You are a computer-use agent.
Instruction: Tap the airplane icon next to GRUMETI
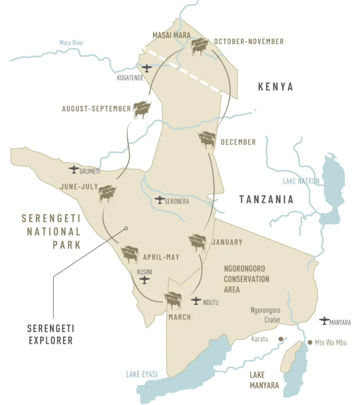click(74, 170)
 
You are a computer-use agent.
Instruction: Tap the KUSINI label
click(145, 273)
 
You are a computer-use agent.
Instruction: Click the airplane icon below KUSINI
click(145, 280)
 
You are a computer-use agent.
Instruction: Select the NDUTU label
click(211, 303)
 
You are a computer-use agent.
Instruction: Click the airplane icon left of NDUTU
click(196, 301)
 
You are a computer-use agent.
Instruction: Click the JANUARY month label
click(227, 242)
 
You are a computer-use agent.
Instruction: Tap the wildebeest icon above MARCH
click(174, 301)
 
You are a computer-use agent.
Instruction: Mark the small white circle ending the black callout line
click(126, 228)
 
